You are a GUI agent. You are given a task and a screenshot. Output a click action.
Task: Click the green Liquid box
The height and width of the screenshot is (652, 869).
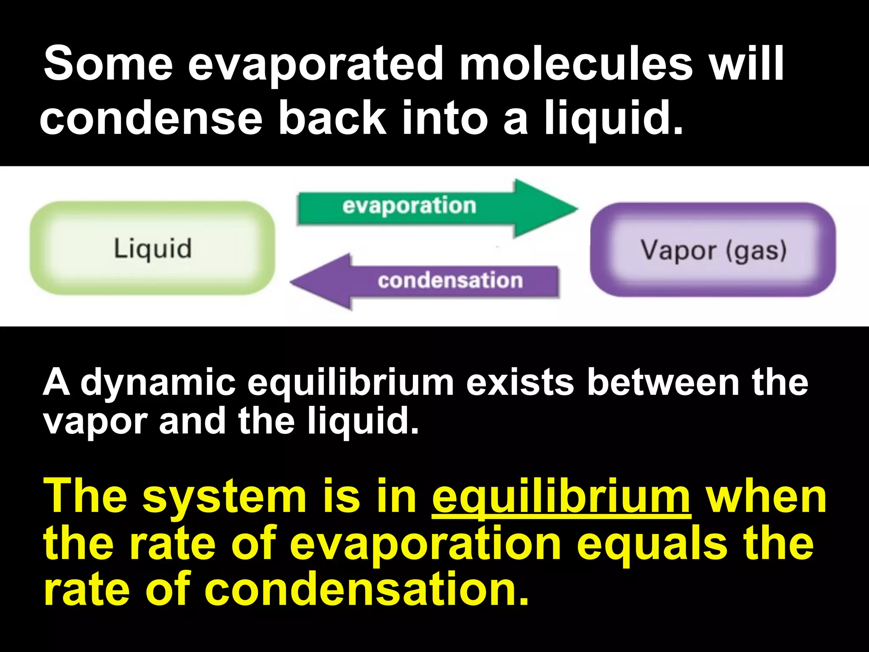click(x=152, y=248)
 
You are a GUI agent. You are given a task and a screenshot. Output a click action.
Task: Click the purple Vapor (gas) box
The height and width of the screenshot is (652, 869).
click(x=713, y=250)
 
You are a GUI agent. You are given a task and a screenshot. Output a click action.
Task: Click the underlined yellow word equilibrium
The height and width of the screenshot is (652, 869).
click(x=561, y=497)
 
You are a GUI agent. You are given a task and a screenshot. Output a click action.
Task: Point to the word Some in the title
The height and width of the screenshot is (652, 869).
click(x=109, y=65)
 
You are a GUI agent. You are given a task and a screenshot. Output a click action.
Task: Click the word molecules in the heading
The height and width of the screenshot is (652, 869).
click(x=577, y=65)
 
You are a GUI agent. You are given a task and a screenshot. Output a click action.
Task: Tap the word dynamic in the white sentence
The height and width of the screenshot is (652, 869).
click(x=158, y=382)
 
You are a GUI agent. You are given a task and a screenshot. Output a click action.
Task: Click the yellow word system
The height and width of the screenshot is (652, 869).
click(x=224, y=497)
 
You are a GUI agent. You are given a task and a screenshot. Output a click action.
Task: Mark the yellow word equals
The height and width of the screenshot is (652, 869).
click(x=653, y=545)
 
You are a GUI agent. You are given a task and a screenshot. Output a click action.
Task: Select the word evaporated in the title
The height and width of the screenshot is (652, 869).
click(x=316, y=65)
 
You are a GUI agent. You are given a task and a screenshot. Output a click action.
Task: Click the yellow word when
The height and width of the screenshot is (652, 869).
click(x=766, y=497)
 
